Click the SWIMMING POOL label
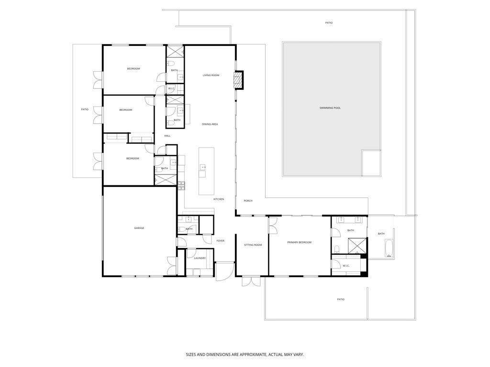pos(330,108)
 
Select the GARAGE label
pos(139,228)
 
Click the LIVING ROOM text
pos(211,75)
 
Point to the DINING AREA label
pos(210,124)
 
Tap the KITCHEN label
pos(219,199)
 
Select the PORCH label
pos(248,201)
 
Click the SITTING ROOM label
pos(253,245)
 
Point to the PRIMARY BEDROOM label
pos(300,243)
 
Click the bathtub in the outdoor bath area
pos(389,248)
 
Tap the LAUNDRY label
pos(200,259)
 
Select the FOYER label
pos(221,241)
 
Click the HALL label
pos(167,136)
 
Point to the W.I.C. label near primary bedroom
pos(346,266)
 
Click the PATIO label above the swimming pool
pos(329,23)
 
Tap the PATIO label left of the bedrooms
pos(85,109)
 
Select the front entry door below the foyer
pos(222,273)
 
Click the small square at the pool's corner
pos(371,162)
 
